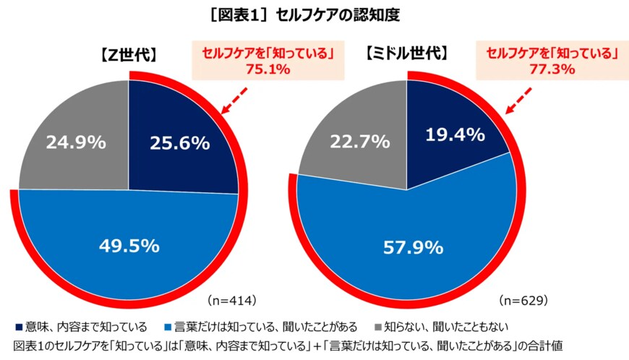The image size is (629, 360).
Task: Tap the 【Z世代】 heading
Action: (124, 56)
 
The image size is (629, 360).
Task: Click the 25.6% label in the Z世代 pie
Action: (179, 143)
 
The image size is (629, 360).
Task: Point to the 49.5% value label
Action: (129, 246)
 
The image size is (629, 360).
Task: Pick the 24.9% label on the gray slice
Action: (77, 143)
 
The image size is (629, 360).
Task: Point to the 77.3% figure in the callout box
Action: (551, 69)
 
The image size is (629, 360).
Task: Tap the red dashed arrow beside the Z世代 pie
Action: (235, 101)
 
